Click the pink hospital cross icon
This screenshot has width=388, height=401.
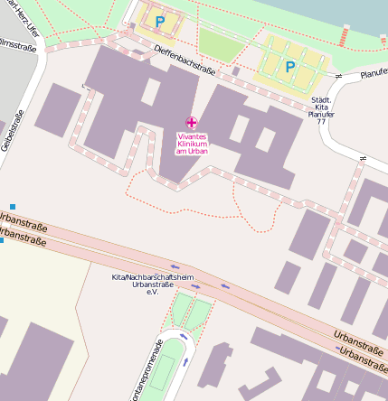[x=191, y=122]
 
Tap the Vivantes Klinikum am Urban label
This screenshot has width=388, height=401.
[x=191, y=144]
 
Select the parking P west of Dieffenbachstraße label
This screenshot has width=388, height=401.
[x=160, y=20]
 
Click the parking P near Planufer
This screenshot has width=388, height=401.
[x=290, y=66]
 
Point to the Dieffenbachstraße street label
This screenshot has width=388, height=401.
[x=184, y=60]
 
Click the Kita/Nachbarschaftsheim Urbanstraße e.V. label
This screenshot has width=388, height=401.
[x=153, y=284]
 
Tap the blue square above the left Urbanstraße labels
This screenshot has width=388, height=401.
[x=13, y=207]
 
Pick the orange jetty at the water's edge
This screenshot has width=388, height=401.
[x=345, y=35]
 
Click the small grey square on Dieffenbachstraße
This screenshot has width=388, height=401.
[x=236, y=70]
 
